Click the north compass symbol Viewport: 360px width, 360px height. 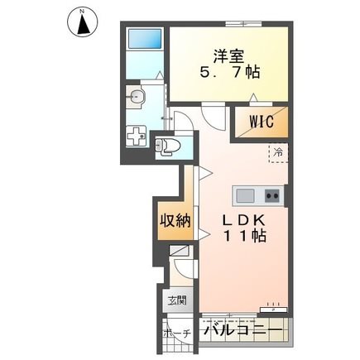click(83, 22)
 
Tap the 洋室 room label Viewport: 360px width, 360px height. click(228, 56)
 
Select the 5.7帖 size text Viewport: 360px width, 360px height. click(229, 72)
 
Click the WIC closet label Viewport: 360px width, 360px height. click(262, 122)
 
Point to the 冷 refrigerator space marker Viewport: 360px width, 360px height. click(278, 152)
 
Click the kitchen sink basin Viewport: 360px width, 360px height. click(245, 195)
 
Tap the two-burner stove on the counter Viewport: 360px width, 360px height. click(272, 196)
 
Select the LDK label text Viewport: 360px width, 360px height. click(244, 220)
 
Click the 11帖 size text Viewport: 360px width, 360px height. click(245, 236)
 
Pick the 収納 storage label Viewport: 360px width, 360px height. click(175, 220)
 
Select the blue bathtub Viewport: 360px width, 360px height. click(145, 39)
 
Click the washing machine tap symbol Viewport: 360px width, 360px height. click(137, 135)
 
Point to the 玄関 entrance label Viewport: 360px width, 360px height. click(177, 300)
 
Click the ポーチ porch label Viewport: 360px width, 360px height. click(177, 334)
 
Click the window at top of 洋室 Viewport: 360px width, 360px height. click(243, 24)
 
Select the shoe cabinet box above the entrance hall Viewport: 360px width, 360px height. click(179, 251)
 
